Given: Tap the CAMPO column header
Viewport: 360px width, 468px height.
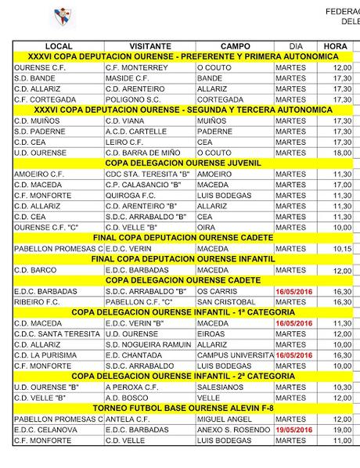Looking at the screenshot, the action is [235, 47].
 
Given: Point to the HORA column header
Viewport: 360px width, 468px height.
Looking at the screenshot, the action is [335, 47].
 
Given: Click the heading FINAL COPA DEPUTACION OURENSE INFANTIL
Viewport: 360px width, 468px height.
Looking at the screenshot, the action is [183, 259].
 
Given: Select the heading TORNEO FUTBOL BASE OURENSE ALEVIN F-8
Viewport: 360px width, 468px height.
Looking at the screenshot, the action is [183, 408].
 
